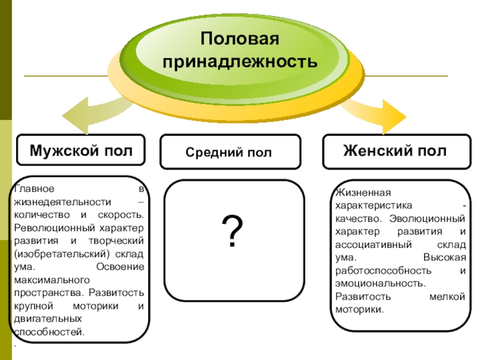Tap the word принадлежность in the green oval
[240, 61]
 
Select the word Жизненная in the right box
[362, 193]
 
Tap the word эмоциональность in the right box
[380, 283]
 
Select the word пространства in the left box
[48, 292]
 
